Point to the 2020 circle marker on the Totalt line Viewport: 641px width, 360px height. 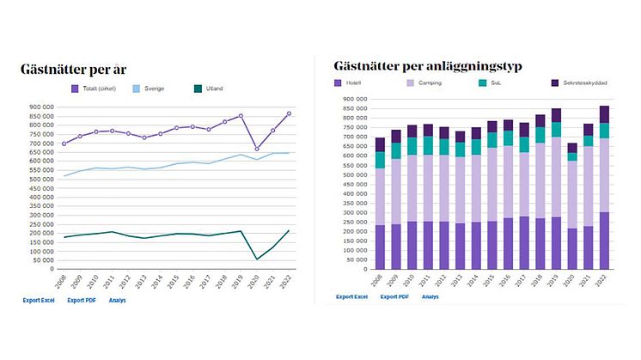(x=258, y=149)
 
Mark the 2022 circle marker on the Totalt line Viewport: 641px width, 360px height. (x=289, y=113)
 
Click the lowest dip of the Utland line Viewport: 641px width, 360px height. (x=258, y=259)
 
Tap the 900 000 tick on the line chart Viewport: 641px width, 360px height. (x=40, y=107)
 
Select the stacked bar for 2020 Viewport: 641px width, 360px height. (x=573, y=206)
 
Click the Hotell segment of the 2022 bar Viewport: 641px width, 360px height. (x=605, y=241)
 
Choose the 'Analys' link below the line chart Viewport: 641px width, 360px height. (x=118, y=300)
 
